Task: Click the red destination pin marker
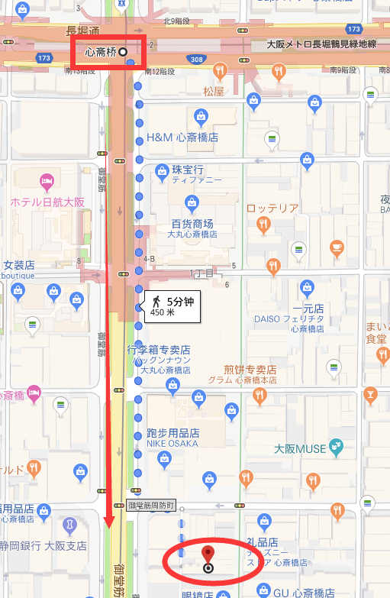(208, 554)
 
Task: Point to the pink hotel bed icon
(45, 183)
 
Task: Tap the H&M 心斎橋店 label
(182, 137)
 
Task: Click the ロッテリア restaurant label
(272, 208)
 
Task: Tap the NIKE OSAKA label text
(172, 443)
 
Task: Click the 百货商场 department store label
(192, 225)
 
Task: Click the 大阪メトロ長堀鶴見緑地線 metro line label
(321, 45)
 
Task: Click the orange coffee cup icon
(336, 247)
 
